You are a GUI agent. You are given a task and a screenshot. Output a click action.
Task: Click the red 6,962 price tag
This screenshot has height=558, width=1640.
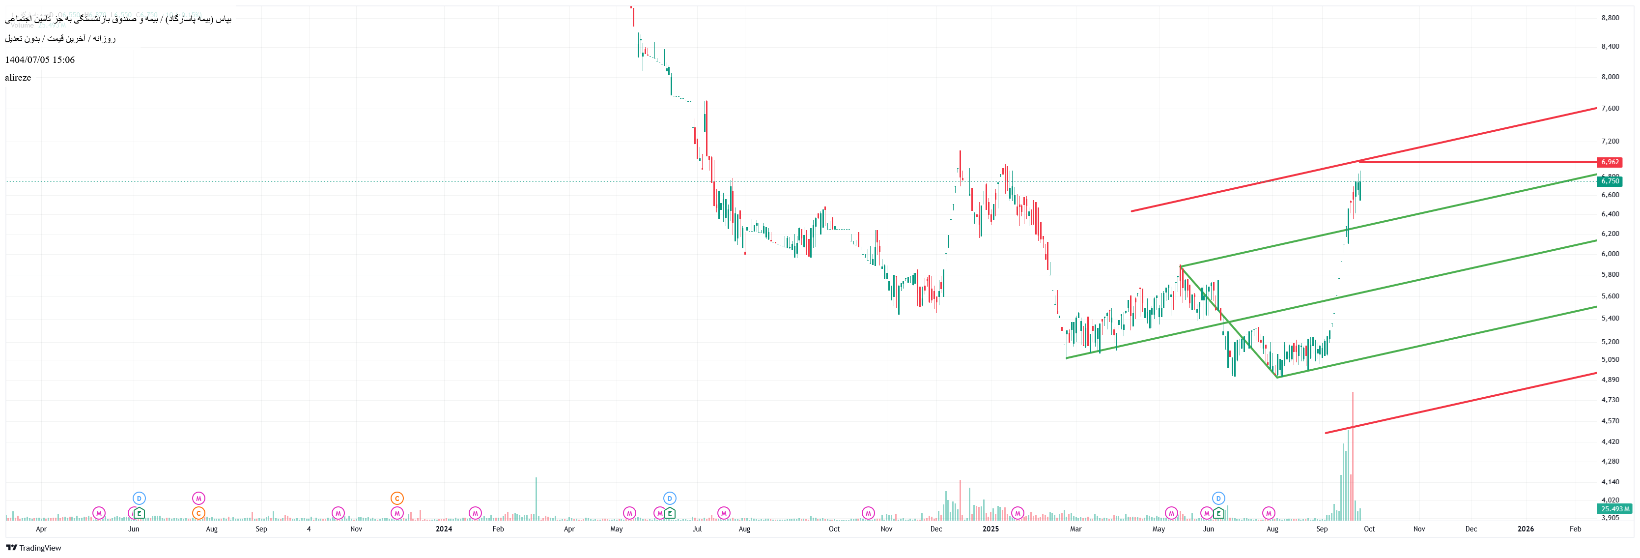1609,162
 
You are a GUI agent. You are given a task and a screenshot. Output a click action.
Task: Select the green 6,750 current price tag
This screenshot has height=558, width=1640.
1609,181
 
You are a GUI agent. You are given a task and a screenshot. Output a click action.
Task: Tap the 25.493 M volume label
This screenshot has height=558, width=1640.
1614,509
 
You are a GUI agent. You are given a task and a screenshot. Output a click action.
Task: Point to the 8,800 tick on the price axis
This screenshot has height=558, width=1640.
1610,18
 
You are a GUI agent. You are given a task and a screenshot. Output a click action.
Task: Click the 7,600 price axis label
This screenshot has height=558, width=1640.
1610,108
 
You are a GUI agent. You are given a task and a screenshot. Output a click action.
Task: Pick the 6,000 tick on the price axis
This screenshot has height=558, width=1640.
1610,254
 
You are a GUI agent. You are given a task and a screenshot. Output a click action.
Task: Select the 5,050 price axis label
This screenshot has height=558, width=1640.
1610,360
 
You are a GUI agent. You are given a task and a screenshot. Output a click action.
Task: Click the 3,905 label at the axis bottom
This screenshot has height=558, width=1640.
1610,518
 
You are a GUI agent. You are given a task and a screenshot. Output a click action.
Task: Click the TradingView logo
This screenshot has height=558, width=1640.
34,548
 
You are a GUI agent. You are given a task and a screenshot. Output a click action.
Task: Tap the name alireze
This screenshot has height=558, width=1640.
18,78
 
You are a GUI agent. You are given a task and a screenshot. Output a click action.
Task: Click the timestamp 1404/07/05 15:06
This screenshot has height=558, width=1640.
39,60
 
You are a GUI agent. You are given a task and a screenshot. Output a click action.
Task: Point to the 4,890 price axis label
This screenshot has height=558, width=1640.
1610,380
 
